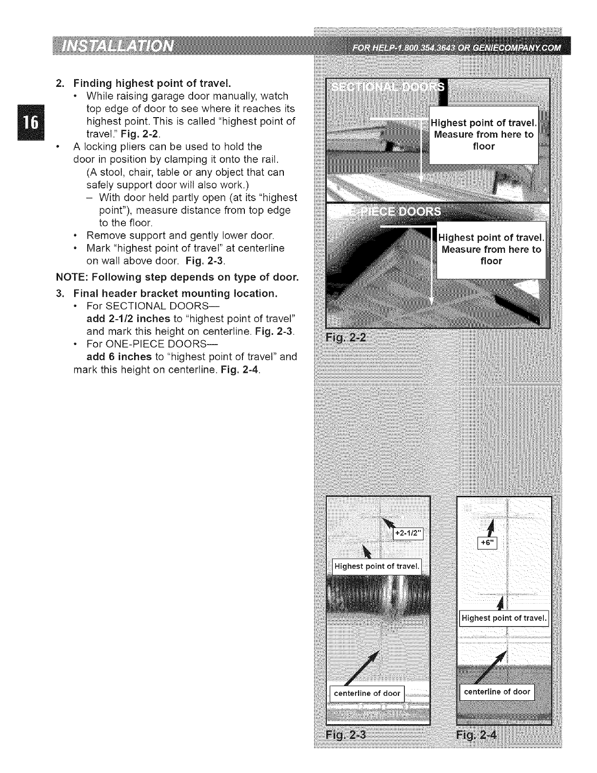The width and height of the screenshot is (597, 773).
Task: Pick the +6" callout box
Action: pyautogui.click(x=486, y=543)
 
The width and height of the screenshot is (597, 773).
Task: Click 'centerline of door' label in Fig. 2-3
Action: pyautogui.click(x=367, y=693)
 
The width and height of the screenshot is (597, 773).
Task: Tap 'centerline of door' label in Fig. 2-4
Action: pyautogui.click(x=497, y=692)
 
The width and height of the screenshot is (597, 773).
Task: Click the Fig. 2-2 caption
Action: pyautogui.click(x=348, y=338)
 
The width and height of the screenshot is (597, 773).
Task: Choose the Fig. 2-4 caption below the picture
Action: pyautogui.click(x=476, y=735)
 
